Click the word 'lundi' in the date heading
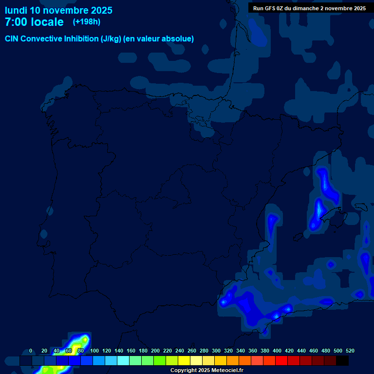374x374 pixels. point(16,10)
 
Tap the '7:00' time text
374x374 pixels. point(19,22)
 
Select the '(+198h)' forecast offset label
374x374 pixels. point(87,21)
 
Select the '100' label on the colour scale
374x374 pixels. point(94,351)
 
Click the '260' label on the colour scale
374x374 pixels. point(192,351)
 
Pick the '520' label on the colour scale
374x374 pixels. point(350,351)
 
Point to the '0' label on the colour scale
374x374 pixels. point(31,351)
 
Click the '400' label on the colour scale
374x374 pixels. point(277,351)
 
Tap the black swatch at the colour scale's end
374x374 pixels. point(342,361)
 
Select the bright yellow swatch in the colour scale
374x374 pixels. point(184,361)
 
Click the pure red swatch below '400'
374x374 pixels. point(281,361)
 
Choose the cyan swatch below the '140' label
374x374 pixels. point(123,361)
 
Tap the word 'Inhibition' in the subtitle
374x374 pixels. point(81,39)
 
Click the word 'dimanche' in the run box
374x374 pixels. point(305,8)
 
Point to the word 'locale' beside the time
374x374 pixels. point(47,22)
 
